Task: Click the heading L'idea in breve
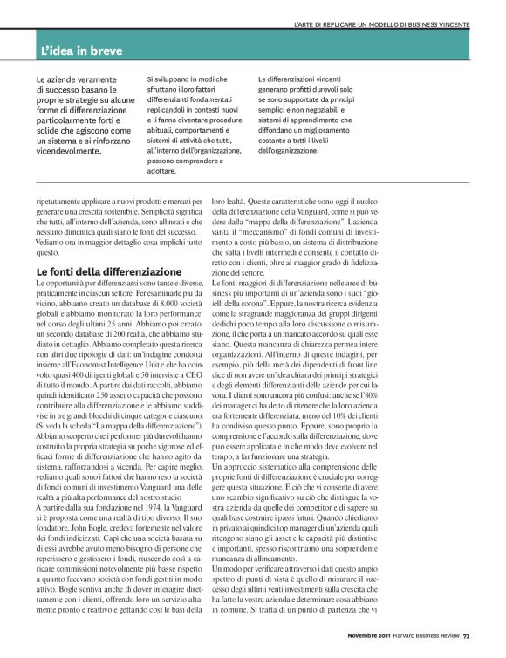pyautogui.click(x=85, y=51)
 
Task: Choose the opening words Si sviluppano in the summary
pyautogui.click(x=169, y=79)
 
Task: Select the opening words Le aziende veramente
pyautogui.click(x=72, y=79)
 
